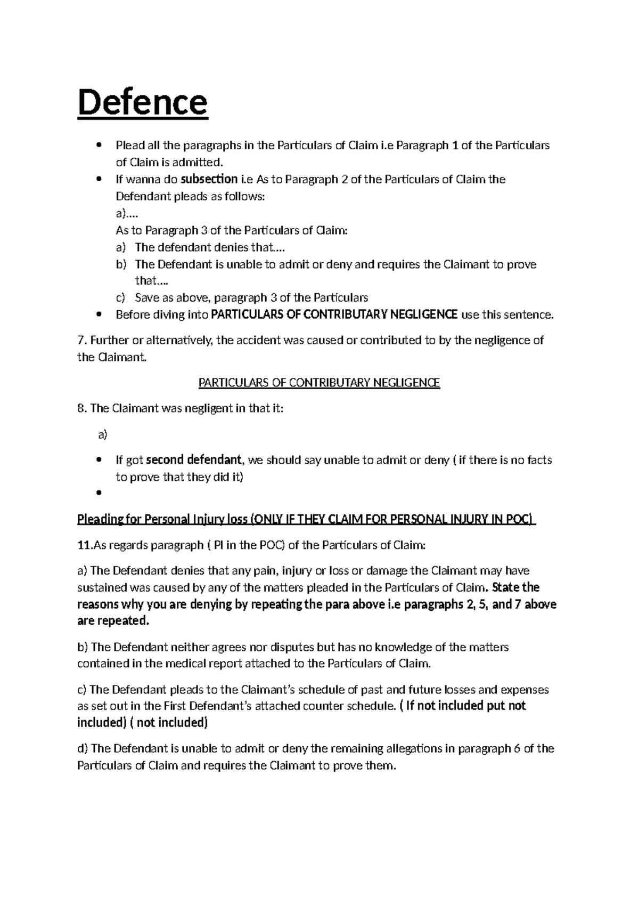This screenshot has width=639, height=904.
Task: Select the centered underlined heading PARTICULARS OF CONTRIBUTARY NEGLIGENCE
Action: [x=319, y=383]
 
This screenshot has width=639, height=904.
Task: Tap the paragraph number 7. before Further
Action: [x=81, y=340]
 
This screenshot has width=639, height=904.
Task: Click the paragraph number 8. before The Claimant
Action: [x=81, y=408]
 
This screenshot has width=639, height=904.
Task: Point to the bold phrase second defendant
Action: [x=194, y=459]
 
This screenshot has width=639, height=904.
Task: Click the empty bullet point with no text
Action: [x=99, y=493]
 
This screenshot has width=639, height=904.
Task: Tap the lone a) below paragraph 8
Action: [x=103, y=435]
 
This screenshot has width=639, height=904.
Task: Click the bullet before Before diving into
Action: [x=99, y=315]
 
